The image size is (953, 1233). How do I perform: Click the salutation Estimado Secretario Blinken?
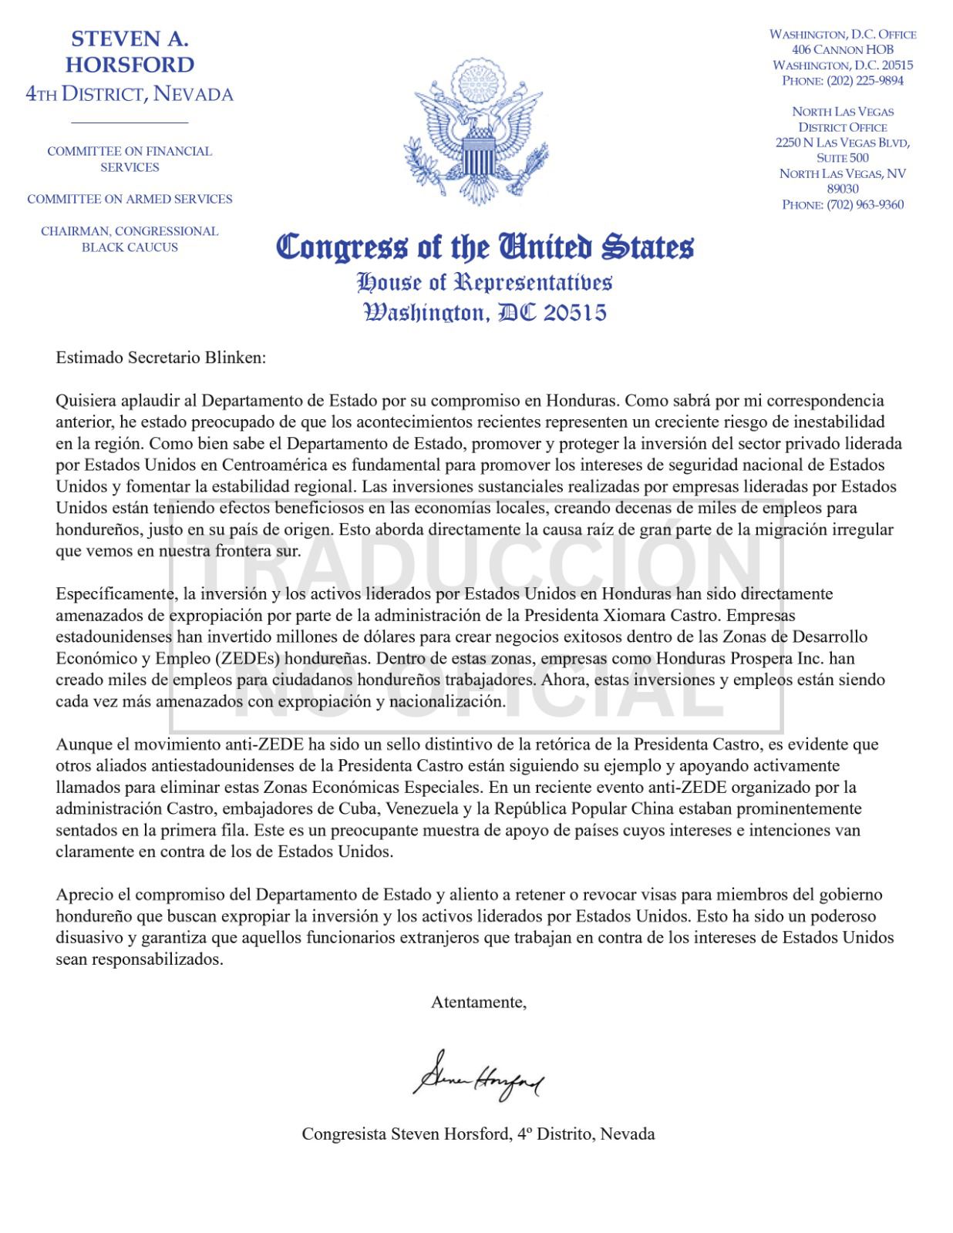160,358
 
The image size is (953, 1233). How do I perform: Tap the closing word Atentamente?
479,1003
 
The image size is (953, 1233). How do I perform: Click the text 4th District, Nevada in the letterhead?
130,95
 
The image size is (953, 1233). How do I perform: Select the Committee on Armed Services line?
130,199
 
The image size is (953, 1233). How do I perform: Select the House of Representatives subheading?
485,282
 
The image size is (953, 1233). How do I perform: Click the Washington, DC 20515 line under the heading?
485,312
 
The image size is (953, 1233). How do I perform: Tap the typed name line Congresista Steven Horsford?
478,1134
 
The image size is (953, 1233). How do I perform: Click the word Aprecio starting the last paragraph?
82,895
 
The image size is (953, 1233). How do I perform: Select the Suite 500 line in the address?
843,158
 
